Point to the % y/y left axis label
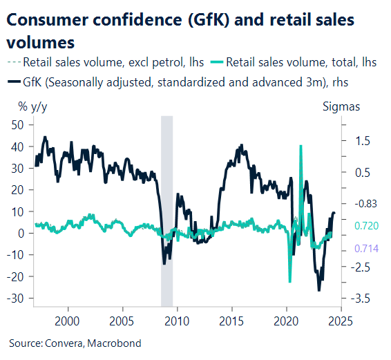pyautogui.click(x=34, y=106)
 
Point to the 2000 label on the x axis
pyautogui.click(x=66, y=321)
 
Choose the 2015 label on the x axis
pyautogui.click(x=231, y=321)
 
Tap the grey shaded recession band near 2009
pyautogui.click(x=166, y=207)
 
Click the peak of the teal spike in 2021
pyautogui.click(x=301, y=146)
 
